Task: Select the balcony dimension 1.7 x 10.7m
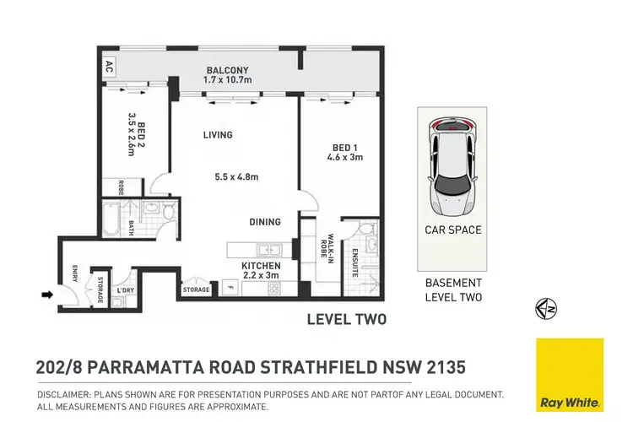tap(228, 81)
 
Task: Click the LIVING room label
tap(217, 135)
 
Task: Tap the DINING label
tap(266, 222)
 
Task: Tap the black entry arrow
tap(48, 295)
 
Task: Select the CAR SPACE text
tap(452, 230)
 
